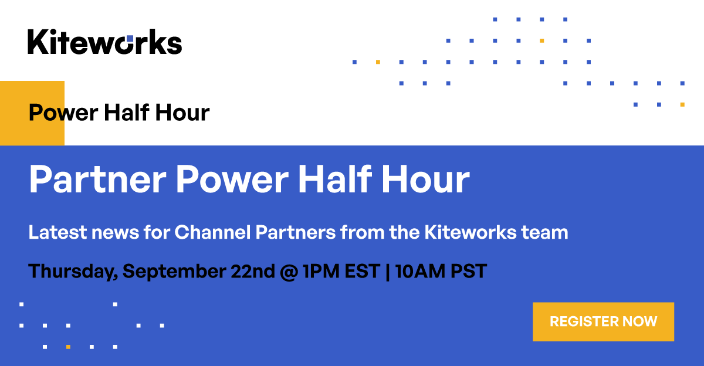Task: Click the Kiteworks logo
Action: pyautogui.click(x=104, y=42)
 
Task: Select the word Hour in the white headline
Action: pyautogui.click(x=425, y=179)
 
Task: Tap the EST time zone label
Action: pyautogui.click(x=360, y=272)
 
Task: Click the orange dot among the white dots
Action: pyautogui.click(x=68, y=347)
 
